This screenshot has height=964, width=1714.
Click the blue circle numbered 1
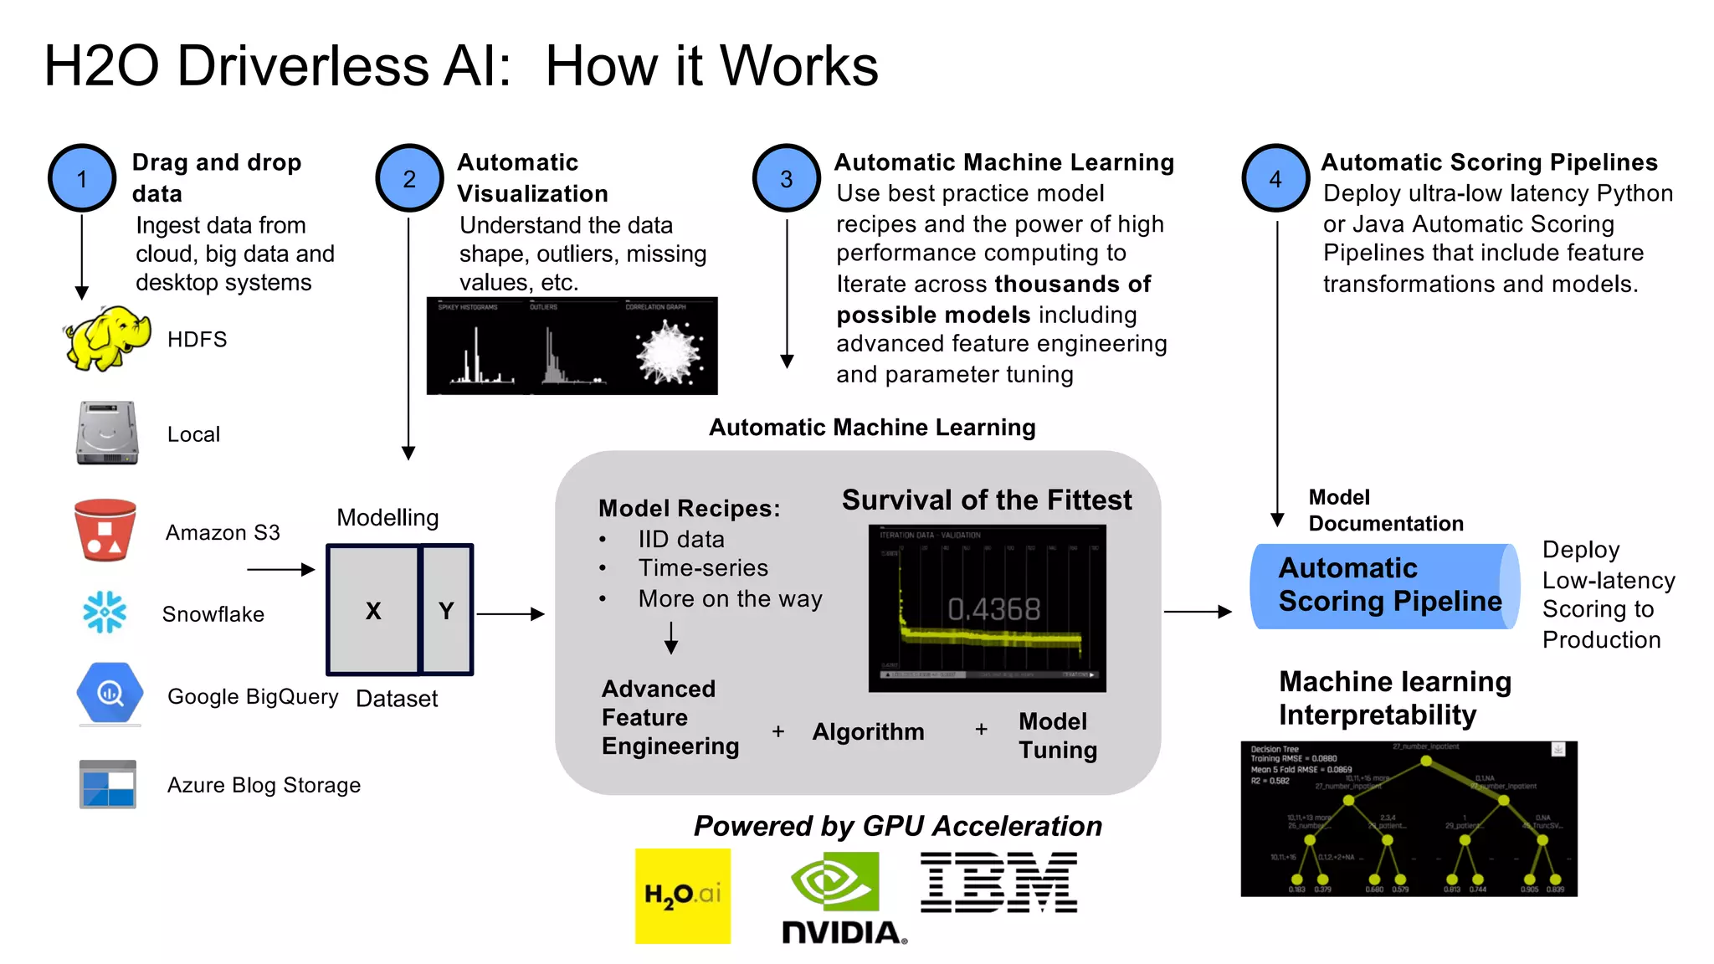[x=82, y=178]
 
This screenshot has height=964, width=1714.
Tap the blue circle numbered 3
[x=786, y=178]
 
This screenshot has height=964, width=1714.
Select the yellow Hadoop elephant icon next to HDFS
[x=106, y=338]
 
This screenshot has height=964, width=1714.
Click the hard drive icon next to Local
[x=107, y=433]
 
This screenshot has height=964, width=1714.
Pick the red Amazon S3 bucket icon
[x=105, y=531]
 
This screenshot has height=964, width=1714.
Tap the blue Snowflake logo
[x=105, y=613]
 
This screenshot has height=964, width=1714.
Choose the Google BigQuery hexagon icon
[x=110, y=693]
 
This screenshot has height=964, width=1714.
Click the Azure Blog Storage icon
[x=108, y=784]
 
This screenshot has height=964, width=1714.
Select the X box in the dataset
[x=373, y=610]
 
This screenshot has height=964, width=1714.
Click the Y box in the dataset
[x=447, y=610]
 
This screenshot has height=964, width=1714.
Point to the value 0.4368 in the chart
[x=993, y=608]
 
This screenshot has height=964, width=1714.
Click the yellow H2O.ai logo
[x=683, y=895]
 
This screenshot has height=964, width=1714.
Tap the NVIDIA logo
[x=840, y=898]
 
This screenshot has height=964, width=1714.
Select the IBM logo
[x=998, y=883]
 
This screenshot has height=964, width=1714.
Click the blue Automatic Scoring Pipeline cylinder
[x=1384, y=586]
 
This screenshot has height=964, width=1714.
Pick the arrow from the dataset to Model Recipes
[x=511, y=614]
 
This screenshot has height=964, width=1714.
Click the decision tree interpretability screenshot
[x=1409, y=818]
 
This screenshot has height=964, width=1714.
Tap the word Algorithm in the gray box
[x=868, y=731]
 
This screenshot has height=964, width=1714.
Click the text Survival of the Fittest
[x=986, y=500]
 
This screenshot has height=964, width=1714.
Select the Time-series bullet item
[x=703, y=568]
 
